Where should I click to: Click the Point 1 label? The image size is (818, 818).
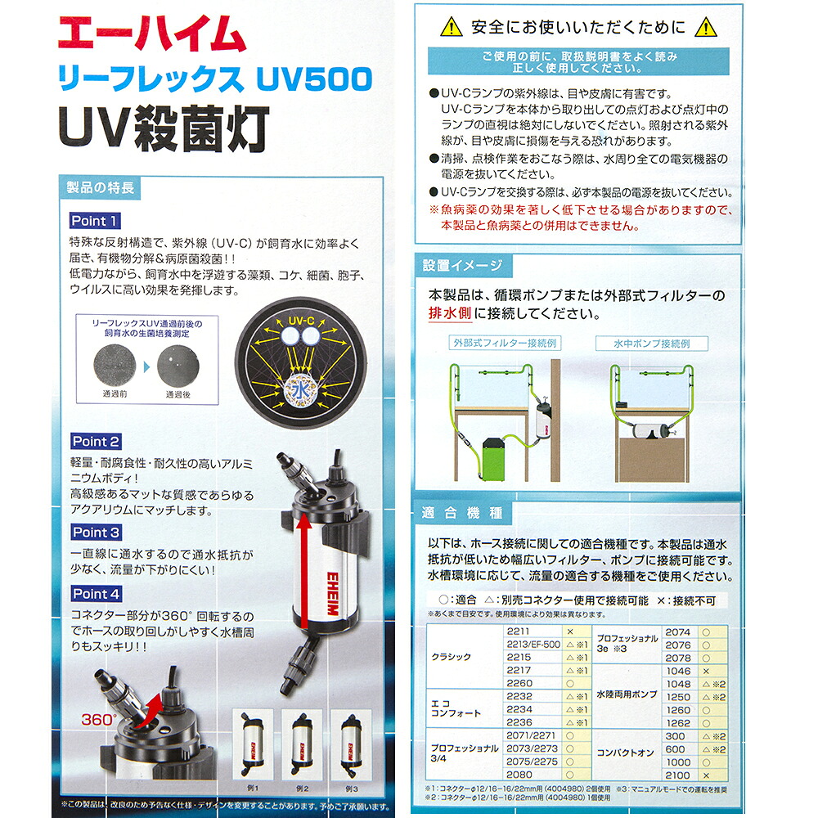95,221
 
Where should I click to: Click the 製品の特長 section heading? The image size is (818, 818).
100,187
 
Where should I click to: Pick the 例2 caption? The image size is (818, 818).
303,789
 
